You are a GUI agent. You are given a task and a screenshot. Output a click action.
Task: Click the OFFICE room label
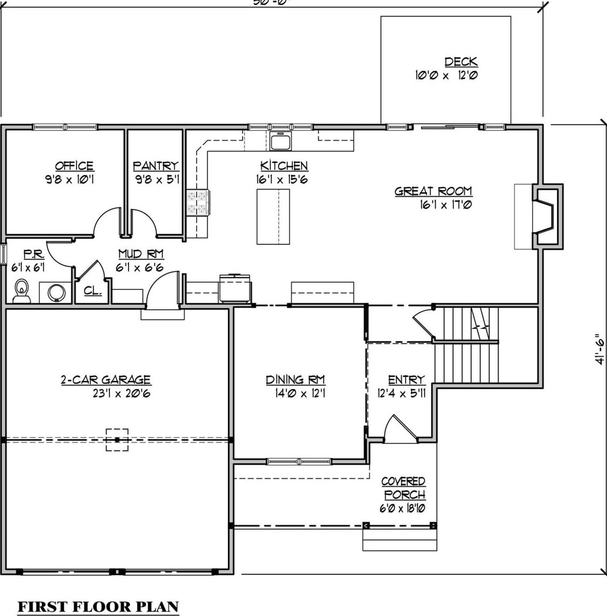pos(74,166)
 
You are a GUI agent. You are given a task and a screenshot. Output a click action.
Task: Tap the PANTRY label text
pos(156,166)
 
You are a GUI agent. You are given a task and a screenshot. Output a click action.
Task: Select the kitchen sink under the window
pos(280,140)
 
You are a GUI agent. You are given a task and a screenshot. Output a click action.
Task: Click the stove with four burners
pos(198,203)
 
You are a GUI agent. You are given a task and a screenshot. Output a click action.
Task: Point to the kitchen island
pos(273,217)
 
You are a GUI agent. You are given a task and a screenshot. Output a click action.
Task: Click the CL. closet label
pos(93,291)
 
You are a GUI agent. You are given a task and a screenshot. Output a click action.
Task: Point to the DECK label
pos(460,62)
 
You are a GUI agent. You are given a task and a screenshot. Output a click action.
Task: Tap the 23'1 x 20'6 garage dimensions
pos(121,394)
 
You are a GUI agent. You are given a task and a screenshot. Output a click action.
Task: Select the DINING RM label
pos(295,380)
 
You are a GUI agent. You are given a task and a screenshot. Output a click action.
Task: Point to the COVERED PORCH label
pos(403,488)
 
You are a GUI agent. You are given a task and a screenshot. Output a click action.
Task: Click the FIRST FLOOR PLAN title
pos(98,606)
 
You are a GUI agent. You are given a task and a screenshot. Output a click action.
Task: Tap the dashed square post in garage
pos(117,440)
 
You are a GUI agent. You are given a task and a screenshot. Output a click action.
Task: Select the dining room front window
pos(299,461)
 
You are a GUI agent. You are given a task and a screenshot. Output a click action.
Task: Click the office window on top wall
pos(65,127)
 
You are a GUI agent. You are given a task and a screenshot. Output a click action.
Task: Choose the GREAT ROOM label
pos(433,191)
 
